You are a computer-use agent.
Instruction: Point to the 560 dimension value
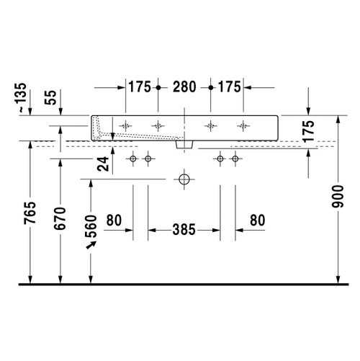pos(91,228)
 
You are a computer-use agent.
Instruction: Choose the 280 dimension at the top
pos(184,87)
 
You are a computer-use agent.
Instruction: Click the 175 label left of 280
pos(139,87)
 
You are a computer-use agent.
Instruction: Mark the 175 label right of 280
pos(228,87)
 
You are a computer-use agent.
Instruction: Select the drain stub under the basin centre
pos(184,144)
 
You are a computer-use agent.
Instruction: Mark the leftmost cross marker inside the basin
pos(126,125)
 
